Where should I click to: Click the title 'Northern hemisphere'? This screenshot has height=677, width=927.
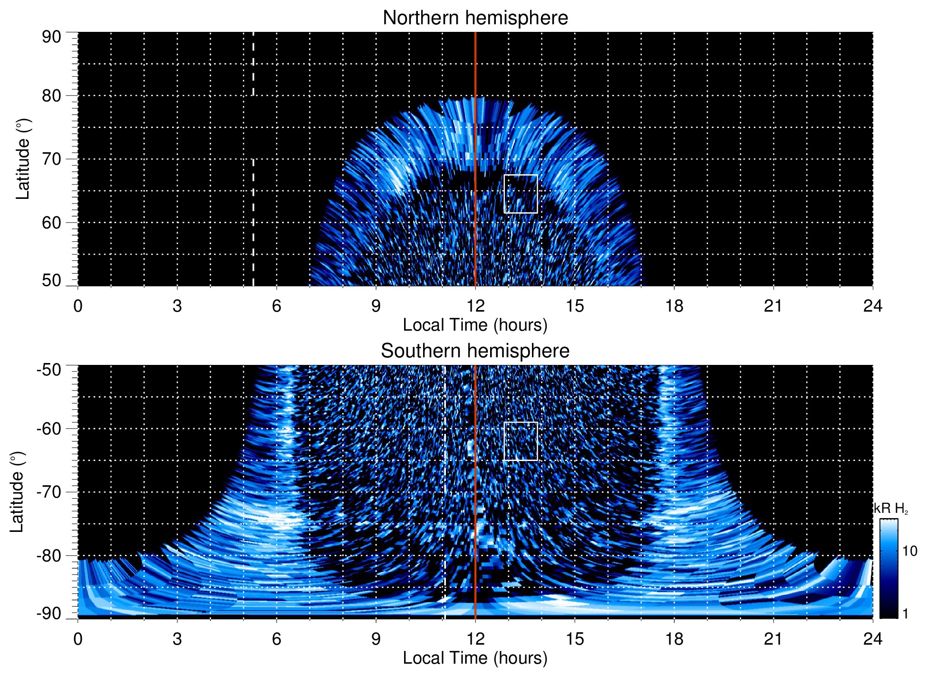pos(475,18)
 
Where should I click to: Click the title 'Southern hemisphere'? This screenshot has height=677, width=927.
pos(475,351)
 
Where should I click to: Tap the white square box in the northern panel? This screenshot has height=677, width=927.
pos(521,194)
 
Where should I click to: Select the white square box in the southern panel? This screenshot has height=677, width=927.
pos(521,441)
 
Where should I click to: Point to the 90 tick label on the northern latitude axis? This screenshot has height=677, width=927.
pos(51,37)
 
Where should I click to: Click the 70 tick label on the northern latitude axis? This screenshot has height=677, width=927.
pos(51,159)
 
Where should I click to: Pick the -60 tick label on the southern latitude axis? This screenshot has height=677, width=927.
pos(49,428)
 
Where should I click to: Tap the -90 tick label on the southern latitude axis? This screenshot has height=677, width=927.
pos(49,614)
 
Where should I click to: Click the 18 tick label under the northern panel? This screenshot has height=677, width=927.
pos(674,306)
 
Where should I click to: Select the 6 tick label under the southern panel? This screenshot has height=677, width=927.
pos(276,639)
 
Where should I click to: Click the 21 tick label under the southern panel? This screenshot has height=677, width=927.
pos(773,639)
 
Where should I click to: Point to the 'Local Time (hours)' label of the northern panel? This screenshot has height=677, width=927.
pos(475,325)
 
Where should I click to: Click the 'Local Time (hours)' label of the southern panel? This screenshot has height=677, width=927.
pos(475,658)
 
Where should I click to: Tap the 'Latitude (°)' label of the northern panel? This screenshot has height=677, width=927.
pos(22,159)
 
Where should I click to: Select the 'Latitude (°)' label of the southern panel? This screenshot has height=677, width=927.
pos(17,492)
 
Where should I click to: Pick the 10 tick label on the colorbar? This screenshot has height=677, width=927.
pos(909,551)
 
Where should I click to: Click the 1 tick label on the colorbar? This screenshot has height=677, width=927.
pos(905,614)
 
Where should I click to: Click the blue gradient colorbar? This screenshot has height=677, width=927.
pos(888,569)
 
